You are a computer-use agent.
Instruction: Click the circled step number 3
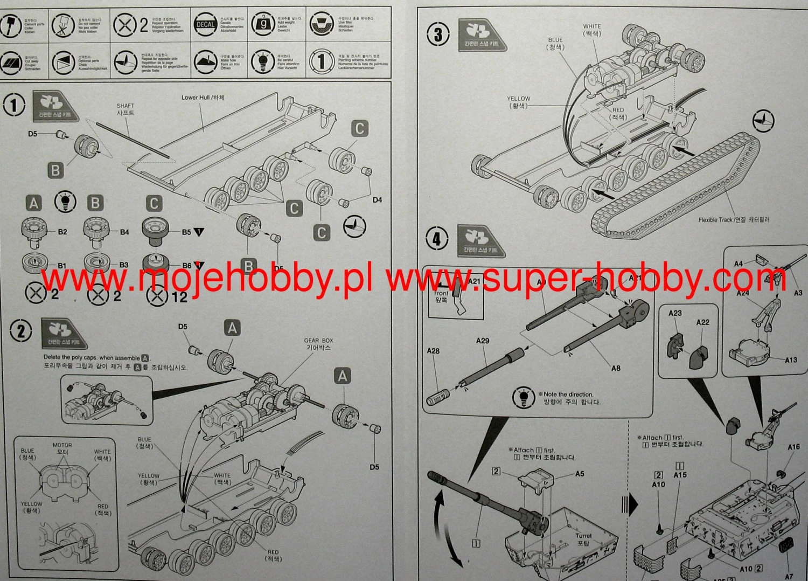(x=438, y=36)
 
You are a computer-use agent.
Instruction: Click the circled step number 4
(x=436, y=239)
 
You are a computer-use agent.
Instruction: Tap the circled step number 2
(x=21, y=331)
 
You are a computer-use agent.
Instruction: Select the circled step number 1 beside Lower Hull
(x=14, y=105)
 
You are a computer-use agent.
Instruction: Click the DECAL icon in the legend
(x=205, y=24)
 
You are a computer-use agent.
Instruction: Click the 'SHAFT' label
(x=126, y=106)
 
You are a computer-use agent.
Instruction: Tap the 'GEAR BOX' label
(x=318, y=341)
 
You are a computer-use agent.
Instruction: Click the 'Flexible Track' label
(x=715, y=220)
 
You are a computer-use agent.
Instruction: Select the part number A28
(x=433, y=351)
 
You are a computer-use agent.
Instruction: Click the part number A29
(x=483, y=341)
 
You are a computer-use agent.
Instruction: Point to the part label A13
(x=791, y=360)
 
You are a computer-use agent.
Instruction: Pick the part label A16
(x=793, y=447)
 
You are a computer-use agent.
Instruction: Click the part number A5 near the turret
(x=580, y=474)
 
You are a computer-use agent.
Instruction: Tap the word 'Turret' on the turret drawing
(x=583, y=536)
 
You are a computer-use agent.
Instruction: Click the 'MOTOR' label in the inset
(x=62, y=445)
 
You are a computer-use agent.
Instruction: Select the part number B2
(x=62, y=232)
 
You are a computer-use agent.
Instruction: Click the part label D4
(x=377, y=200)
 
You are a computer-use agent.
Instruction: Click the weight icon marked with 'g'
(x=264, y=24)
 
